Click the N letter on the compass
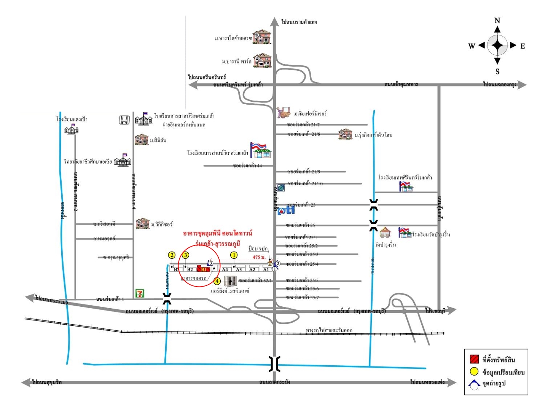497,21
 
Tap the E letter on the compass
523,46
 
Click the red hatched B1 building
203,269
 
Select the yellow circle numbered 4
217,281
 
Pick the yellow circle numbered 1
234,255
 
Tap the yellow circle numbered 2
172,255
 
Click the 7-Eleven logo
140,293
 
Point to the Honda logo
124,120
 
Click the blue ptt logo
286,210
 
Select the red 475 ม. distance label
259,257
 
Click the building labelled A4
225,269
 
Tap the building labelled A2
252,269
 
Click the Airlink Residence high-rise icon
230,281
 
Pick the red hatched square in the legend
474,359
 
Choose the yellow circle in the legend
474,371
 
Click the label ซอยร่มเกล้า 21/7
303,124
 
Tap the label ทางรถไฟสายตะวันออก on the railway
329,330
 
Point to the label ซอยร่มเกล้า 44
247,166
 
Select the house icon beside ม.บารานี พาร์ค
263,61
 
